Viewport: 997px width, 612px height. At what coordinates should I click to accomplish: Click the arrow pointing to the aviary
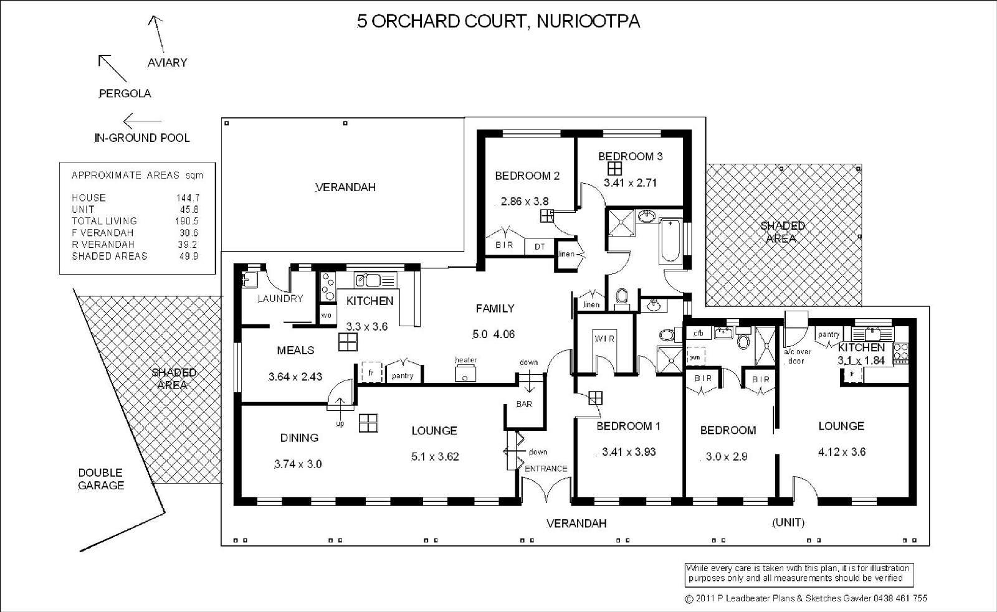156,34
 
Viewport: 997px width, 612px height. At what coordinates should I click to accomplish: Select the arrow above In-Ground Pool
142,121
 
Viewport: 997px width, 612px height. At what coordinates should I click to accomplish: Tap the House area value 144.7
188,198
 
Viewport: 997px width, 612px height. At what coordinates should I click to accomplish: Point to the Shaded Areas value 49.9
189,256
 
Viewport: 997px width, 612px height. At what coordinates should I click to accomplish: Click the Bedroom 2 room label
527,176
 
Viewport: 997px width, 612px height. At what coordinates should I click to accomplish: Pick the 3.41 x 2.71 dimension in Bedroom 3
630,183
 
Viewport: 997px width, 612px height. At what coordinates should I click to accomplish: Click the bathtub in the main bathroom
670,240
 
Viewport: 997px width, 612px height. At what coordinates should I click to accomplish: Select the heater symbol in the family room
465,373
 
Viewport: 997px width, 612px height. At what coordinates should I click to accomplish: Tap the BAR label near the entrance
524,404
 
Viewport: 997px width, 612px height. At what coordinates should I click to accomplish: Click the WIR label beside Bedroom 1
604,339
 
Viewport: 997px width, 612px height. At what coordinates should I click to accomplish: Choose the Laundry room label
280,298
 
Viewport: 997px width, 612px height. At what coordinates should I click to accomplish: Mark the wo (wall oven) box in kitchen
327,315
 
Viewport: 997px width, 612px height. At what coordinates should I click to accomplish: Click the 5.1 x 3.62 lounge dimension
435,457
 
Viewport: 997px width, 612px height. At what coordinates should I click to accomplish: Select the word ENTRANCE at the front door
546,469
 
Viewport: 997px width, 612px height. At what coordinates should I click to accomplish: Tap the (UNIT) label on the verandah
788,522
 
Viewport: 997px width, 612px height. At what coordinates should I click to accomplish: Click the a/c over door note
797,356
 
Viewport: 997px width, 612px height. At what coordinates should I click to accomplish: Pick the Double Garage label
100,479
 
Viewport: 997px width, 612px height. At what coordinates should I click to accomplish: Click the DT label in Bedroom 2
540,247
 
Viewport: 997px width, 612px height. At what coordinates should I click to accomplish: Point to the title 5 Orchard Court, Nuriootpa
499,21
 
